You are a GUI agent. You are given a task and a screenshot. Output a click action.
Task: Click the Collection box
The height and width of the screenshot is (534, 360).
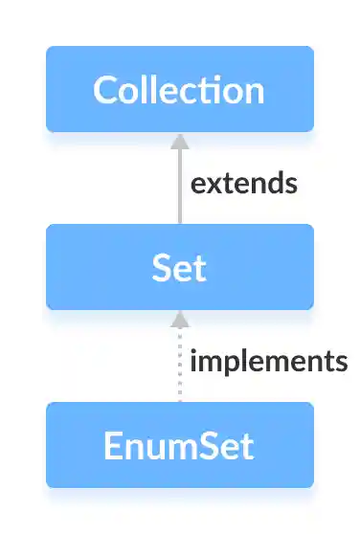[x=179, y=89]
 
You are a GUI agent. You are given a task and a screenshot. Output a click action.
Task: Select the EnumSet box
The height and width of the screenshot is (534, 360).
[x=179, y=446]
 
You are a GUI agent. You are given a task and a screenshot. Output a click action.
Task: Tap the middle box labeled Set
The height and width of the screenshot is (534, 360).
[x=179, y=267]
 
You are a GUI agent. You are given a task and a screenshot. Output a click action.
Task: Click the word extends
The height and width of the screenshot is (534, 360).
[x=243, y=183]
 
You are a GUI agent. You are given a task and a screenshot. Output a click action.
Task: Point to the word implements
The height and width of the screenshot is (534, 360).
[x=268, y=362]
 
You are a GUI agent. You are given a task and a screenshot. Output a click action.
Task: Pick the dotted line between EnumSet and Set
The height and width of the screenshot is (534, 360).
[x=179, y=368]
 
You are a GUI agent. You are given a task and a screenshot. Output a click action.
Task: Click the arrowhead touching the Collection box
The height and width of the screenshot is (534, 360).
[x=179, y=140]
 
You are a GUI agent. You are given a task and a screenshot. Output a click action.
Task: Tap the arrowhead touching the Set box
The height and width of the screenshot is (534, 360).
[x=179, y=318]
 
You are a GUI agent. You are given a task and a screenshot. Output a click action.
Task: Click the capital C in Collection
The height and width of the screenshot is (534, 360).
[x=105, y=90]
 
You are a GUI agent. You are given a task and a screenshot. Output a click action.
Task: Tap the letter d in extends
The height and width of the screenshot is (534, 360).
[x=266, y=183]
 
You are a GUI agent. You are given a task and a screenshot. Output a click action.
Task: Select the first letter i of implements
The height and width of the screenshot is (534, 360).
[x=194, y=361]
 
